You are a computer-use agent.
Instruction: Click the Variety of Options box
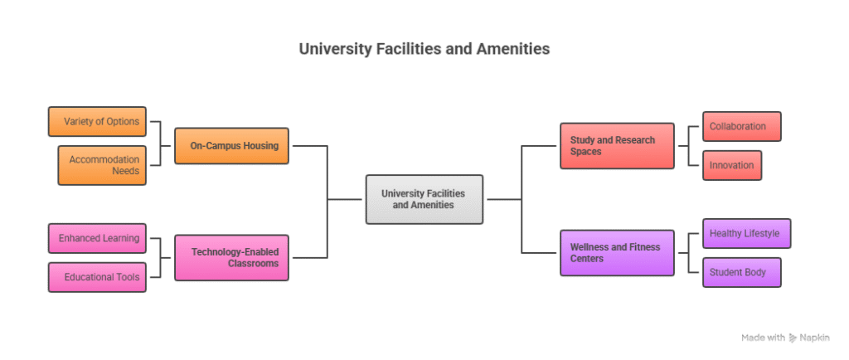pos(98,122)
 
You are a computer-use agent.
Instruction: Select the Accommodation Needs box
pos(102,165)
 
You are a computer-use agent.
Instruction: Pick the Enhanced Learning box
pos(98,239)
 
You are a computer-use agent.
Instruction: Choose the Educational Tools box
pos(98,277)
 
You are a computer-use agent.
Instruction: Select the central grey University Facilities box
pos(424,199)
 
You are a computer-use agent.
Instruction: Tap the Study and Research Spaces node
pos(617,146)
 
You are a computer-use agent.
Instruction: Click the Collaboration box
pos(742,126)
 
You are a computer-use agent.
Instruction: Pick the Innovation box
pos(732,165)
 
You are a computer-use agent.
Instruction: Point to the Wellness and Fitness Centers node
pos(617,253)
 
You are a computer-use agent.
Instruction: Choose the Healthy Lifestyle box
pos(746,234)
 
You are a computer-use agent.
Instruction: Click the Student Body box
pos(742,272)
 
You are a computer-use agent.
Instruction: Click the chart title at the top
pos(424,50)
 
